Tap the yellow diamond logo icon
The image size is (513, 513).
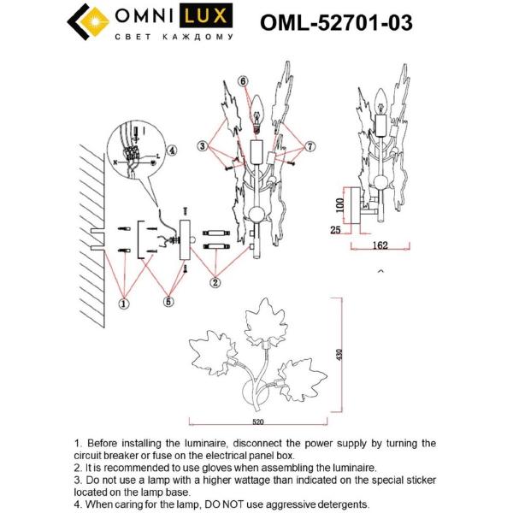pos(87,23)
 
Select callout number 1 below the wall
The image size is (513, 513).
pos(125,302)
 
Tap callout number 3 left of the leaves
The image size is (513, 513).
pos(202,146)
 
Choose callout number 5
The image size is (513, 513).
pos(169,301)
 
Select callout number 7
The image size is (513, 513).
pos(310,146)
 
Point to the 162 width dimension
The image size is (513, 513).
pos(381,245)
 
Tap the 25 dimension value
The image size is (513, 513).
pos(336,229)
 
